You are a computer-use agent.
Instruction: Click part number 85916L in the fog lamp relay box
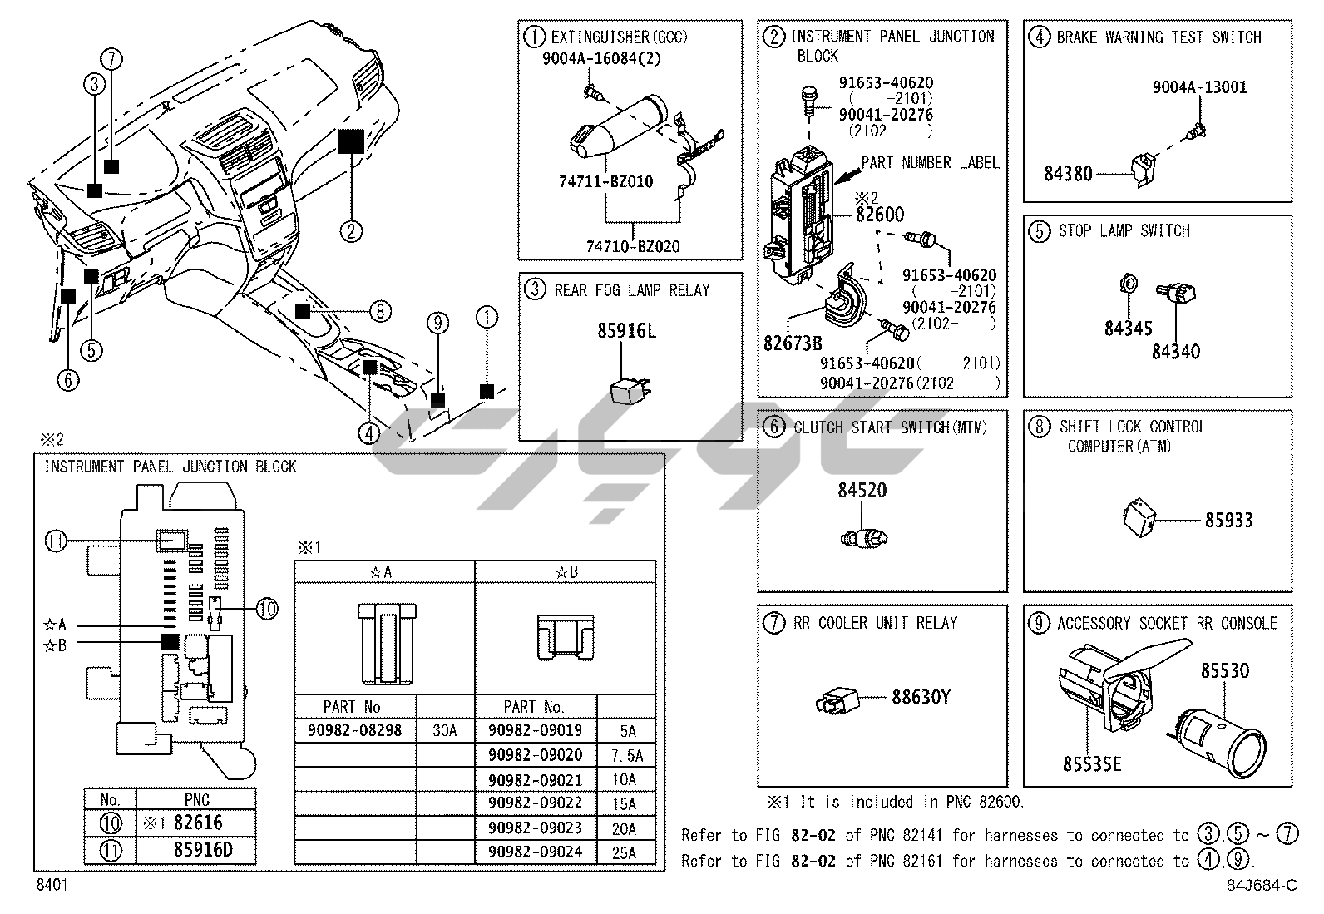(626, 331)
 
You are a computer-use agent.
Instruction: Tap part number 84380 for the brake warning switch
(1068, 174)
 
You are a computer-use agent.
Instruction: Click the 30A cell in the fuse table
(445, 730)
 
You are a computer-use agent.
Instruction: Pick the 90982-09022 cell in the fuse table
(535, 803)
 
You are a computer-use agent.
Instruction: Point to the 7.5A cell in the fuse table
(626, 756)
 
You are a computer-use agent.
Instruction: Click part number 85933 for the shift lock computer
(1228, 521)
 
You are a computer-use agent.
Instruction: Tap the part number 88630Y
(921, 697)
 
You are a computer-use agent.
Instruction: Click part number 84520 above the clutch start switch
(862, 490)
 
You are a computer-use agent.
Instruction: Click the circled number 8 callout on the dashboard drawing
(379, 312)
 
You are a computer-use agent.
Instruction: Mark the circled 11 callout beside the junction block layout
(56, 541)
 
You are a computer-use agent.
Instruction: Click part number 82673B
(793, 342)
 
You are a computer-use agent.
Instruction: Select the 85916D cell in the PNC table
(196, 850)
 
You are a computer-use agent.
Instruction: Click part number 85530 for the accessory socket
(1224, 670)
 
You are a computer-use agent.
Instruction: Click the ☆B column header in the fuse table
(565, 571)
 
